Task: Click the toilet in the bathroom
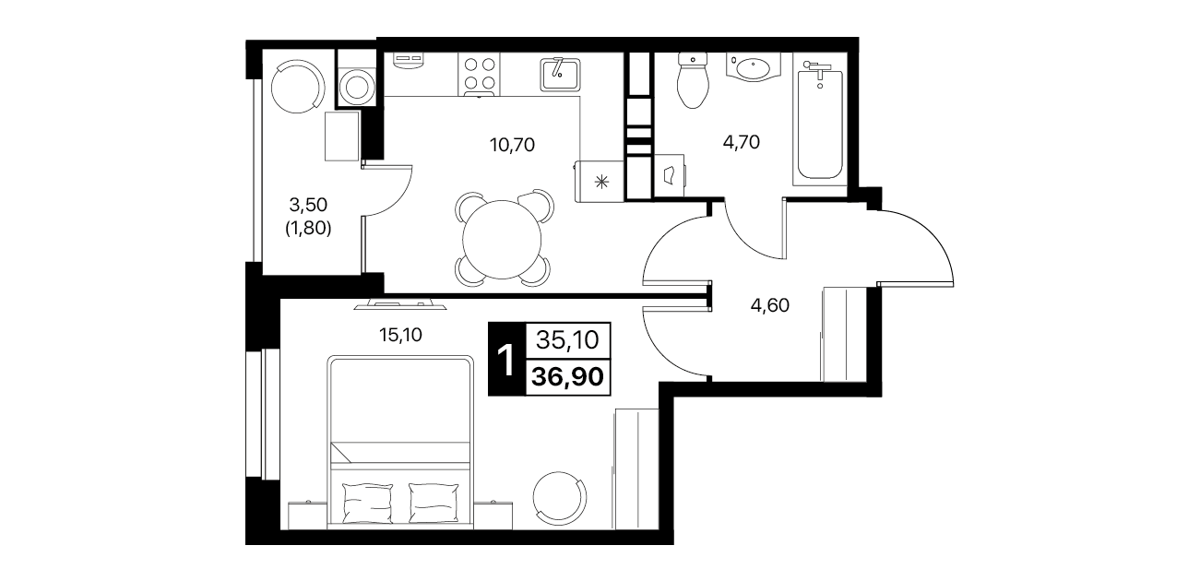[x=693, y=80]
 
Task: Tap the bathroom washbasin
[x=754, y=67]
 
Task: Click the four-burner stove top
[x=479, y=74]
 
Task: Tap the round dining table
[x=502, y=239]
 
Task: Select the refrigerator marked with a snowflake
[x=600, y=182]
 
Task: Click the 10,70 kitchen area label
[x=512, y=145]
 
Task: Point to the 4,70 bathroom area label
[x=742, y=142]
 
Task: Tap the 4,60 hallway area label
[x=770, y=305]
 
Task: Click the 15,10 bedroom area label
[x=400, y=335]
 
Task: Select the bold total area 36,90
[x=568, y=377]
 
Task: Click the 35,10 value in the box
[x=567, y=340]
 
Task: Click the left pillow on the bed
[x=367, y=503]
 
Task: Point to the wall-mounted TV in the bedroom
[x=400, y=304]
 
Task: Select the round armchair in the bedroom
[x=560, y=499]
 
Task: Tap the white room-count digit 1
[x=505, y=360]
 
